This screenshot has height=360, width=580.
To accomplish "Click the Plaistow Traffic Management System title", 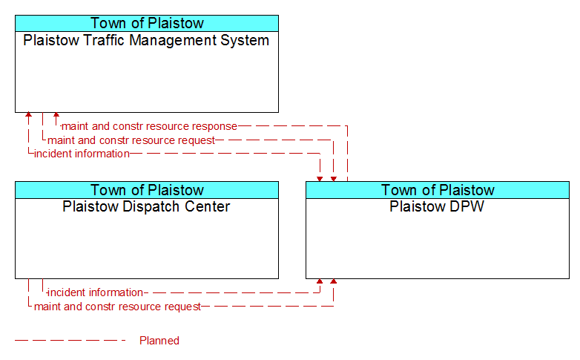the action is pos(146,40).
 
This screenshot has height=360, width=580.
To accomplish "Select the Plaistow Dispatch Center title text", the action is pos(146,206).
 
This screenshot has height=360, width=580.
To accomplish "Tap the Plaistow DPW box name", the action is pos(437,206).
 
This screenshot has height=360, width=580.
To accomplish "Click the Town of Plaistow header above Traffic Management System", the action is pos(147,23).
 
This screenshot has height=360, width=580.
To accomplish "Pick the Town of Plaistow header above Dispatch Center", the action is pos(147,190).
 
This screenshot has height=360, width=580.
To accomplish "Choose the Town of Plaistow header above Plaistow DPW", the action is pos(438,190).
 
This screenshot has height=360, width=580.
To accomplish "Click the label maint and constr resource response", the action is pos(149,126).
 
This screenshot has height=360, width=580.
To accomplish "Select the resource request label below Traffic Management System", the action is pos(131,140).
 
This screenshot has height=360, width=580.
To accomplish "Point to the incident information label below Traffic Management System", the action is pos(82,154).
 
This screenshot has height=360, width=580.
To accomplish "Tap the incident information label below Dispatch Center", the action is pos(95,292).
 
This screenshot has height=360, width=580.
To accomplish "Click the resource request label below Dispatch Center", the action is pos(118,307).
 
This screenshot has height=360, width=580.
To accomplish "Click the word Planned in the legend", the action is pos(159,341).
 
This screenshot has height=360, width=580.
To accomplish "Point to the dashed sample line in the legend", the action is pos(70,341).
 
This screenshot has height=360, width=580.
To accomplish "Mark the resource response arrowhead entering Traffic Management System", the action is pos(56,115).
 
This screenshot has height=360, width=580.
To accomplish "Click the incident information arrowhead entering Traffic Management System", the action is pos(28,115).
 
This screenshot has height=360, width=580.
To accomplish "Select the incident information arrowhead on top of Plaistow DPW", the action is pos(320,180).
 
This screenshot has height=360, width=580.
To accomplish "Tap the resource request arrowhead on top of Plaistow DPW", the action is pos(334,180).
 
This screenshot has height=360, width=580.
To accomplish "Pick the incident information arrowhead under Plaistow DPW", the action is pos(320,281).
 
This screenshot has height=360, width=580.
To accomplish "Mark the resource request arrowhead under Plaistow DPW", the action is pos(334,281).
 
